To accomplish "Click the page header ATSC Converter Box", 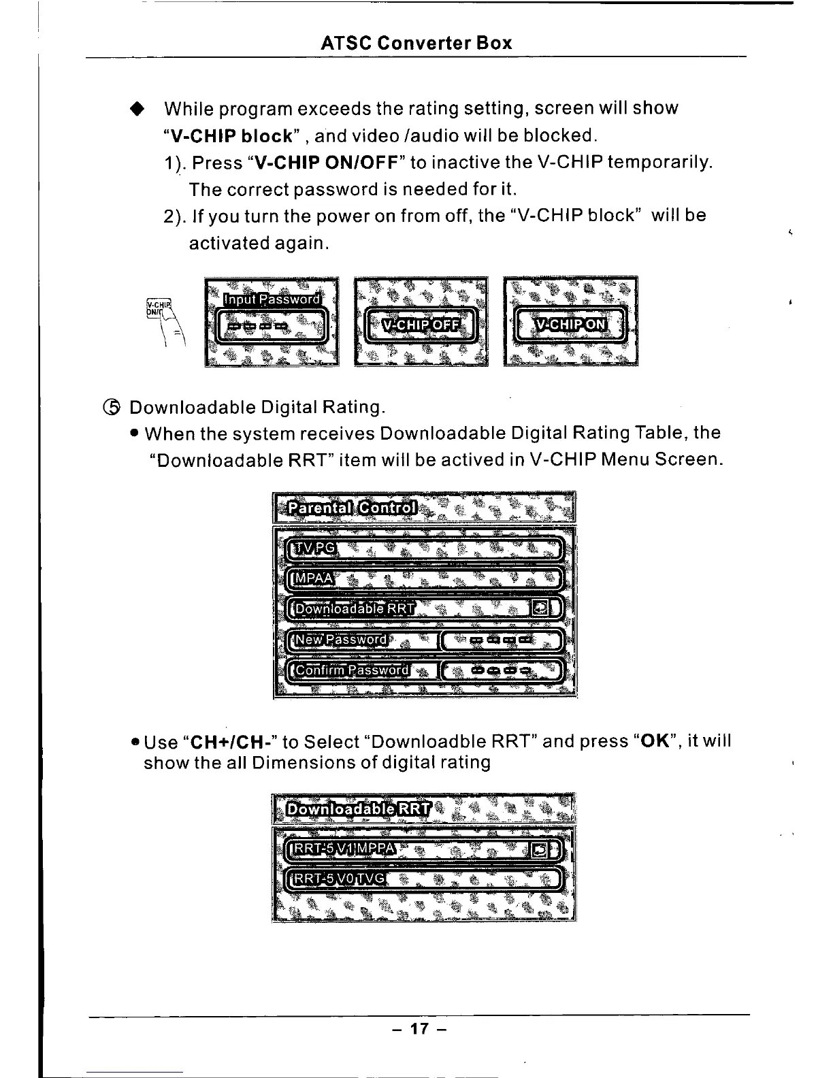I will coord(416,44).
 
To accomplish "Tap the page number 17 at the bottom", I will coord(419,1028).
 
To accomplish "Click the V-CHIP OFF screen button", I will coord(421,325).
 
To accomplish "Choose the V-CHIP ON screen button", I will coord(570,325).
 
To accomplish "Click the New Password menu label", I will coord(338,640).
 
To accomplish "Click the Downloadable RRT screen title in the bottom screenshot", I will coord(358,810).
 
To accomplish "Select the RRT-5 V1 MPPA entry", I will coord(342,848).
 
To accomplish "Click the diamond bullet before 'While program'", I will coord(138,109).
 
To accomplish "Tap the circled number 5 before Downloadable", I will coord(113,407).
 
